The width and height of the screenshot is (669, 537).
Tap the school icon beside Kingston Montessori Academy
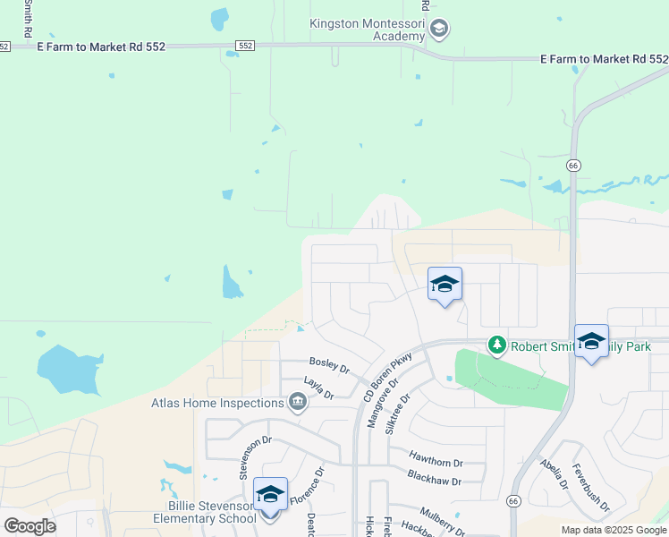pos(438,30)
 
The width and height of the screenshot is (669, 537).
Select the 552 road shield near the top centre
pos(246,45)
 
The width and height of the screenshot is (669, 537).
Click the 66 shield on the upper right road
pos(573,165)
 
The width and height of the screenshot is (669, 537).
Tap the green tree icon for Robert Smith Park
pos(497,345)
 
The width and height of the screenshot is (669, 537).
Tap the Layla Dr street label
pos(318,388)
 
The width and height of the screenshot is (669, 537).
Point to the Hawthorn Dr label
pos(436,458)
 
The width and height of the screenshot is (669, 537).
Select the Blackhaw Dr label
pos(434,476)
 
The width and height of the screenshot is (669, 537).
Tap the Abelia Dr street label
pos(555,475)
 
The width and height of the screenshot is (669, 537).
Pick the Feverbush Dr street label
pos(590,488)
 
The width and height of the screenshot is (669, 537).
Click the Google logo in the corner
pos(30,526)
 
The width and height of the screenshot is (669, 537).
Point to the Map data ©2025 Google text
pos(614,530)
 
